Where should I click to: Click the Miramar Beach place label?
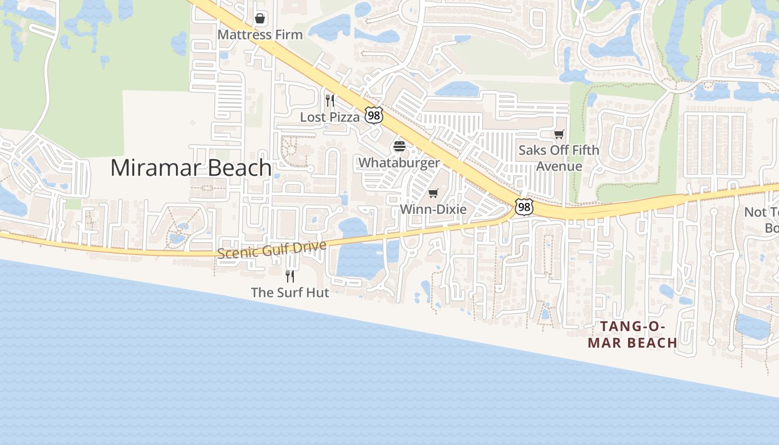coord(191,167)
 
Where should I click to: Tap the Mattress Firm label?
coord(260,34)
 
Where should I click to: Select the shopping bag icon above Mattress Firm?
coord(260,19)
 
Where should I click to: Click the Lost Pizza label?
coord(330,117)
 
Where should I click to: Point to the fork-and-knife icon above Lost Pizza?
coord(330,101)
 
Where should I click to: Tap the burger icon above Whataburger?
coord(400,147)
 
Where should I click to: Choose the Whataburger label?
coord(400,162)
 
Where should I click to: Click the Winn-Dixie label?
coord(433,209)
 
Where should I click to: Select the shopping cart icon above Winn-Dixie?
coord(433,193)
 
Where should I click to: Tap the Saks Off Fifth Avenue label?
coord(559,158)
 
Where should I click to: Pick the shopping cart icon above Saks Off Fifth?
coord(559,134)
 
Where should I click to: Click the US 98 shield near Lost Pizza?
coord(374,116)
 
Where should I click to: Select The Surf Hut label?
coord(290,292)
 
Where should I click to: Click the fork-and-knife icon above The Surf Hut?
coord(290,276)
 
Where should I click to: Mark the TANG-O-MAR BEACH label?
coord(633,334)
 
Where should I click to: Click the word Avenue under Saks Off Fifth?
coord(559,166)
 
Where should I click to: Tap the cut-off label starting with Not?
coord(762,220)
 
